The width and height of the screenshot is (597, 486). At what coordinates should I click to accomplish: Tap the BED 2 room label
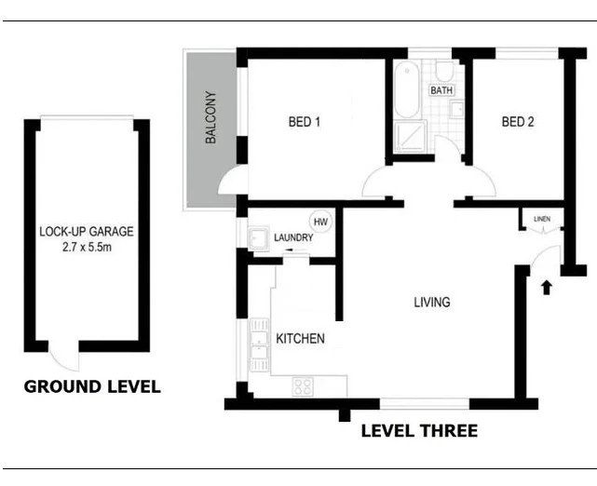[x=518, y=121]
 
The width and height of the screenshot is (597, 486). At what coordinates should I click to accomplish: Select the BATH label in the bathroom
[x=441, y=90]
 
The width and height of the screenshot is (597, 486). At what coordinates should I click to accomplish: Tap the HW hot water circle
[x=321, y=222]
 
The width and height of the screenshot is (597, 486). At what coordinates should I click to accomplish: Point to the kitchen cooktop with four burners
[x=304, y=384]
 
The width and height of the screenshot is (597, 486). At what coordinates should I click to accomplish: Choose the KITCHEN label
[x=300, y=339]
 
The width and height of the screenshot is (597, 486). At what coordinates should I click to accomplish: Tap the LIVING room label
[x=432, y=303]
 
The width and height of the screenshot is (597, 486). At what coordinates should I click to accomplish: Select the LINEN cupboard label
[x=542, y=220]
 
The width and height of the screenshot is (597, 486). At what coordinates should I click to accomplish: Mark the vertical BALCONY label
[x=210, y=118]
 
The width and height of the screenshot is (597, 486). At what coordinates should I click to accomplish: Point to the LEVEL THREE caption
[x=418, y=431]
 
